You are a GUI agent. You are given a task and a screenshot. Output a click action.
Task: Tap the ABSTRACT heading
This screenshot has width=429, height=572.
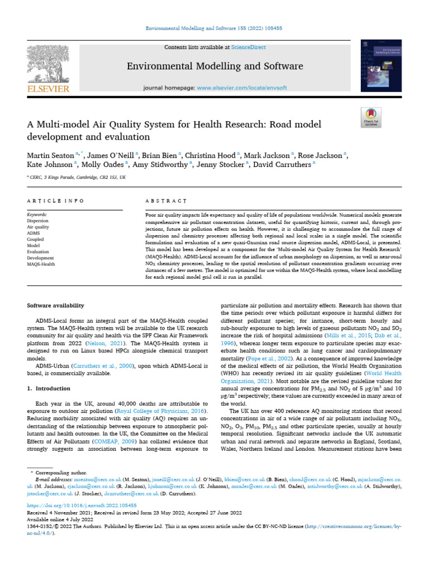166,200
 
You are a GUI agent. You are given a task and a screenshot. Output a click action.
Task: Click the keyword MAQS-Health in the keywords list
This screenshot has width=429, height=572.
41,264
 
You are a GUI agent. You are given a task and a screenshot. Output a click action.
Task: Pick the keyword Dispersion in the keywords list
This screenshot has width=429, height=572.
38,220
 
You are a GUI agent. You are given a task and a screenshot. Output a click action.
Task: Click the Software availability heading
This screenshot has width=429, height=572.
56,306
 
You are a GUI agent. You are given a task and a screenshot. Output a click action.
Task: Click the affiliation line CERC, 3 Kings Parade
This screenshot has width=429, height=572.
79,177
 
